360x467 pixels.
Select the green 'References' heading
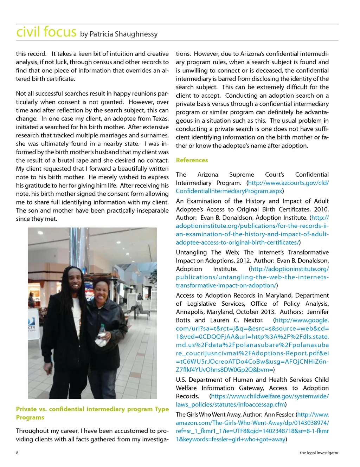click(x=192, y=160)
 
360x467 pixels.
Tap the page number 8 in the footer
click(x=17, y=453)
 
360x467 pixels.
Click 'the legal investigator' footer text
click(x=319, y=453)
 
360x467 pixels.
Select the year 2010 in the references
click(x=321, y=209)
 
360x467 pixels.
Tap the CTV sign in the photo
click(x=32, y=327)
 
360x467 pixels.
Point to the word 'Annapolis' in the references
click(x=189, y=312)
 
